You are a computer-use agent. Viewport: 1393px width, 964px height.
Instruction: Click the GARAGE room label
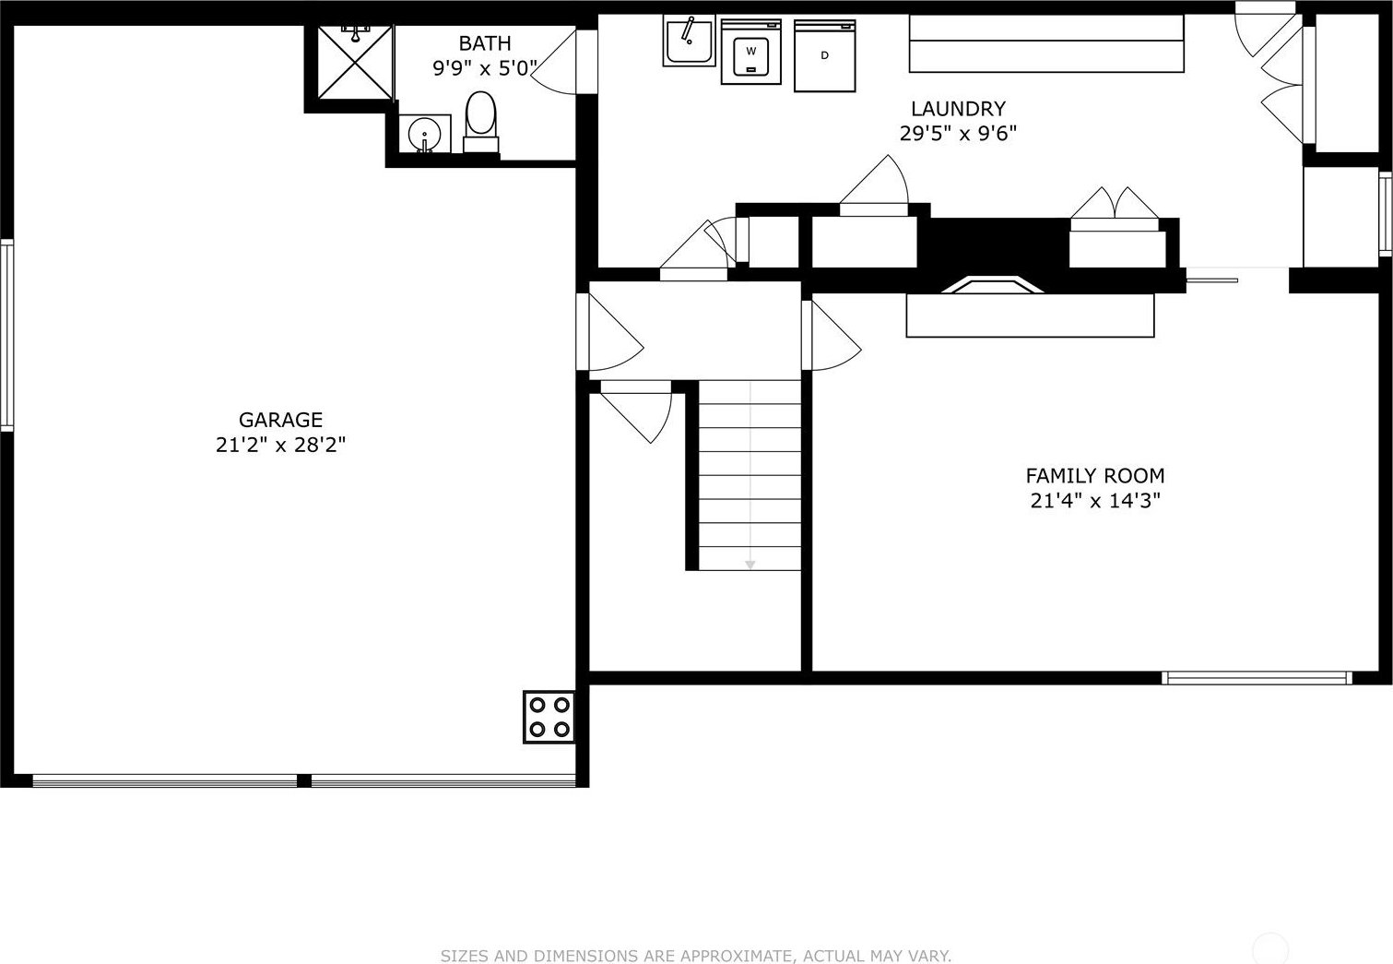[280, 420]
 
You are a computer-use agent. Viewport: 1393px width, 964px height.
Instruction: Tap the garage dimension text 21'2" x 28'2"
[280, 445]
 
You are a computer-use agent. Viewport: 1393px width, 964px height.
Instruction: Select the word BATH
[485, 43]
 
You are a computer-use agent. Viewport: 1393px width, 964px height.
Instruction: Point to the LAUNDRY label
[958, 109]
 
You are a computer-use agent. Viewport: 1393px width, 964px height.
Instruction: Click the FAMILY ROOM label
[1095, 476]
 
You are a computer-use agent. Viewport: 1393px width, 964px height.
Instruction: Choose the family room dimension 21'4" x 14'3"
[1095, 501]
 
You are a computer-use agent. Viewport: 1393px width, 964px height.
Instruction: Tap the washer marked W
[751, 52]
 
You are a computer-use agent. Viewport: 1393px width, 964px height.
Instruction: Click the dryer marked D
[824, 56]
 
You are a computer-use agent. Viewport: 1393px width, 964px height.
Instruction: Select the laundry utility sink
[689, 41]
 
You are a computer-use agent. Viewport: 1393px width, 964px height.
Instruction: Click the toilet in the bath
[481, 122]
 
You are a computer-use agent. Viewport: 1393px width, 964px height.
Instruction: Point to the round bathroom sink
[425, 133]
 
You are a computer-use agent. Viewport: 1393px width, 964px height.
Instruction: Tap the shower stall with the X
[356, 62]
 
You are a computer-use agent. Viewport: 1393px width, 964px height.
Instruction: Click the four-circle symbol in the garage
[549, 717]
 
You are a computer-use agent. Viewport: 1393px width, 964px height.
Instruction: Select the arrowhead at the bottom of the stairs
[750, 565]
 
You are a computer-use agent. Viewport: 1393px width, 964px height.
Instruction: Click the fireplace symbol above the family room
[992, 284]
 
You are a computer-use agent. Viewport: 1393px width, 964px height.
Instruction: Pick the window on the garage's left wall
[6, 335]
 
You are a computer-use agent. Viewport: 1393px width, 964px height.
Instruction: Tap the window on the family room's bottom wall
[1257, 678]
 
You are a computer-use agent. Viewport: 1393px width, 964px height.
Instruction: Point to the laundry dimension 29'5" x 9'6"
[958, 134]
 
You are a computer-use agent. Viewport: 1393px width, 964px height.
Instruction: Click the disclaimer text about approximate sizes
[696, 956]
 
